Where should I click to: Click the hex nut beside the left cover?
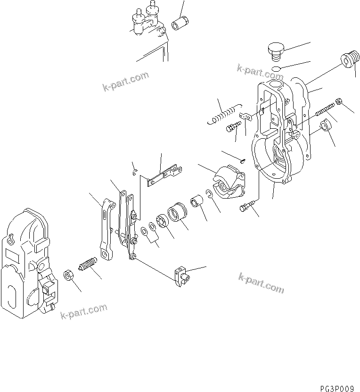coord(68,275)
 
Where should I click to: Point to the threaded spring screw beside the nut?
coord(88,265)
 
